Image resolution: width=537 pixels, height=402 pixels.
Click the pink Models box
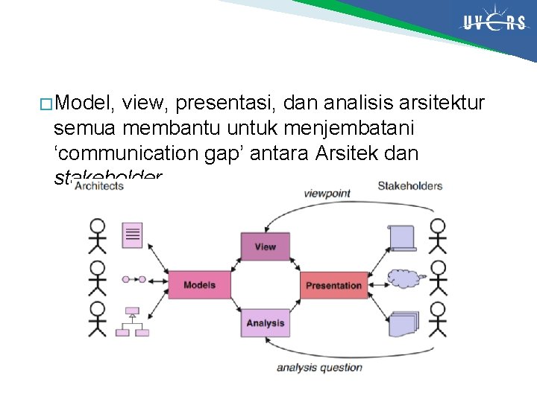tap(198, 285)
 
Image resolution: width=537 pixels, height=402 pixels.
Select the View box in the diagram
tap(264, 246)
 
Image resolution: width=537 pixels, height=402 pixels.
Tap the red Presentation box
tap(333, 285)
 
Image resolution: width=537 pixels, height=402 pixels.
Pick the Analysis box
tap(264, 323)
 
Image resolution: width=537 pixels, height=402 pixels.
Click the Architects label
tap(98, 186)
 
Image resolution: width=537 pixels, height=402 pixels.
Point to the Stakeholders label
tap(409, 185)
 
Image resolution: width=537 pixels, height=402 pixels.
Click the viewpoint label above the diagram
tap(327, 194)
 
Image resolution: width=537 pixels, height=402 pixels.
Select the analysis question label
tap(319, 367)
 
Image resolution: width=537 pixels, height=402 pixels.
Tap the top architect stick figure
tap(97, 235)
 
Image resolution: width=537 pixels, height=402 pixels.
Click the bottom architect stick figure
tap(97, 319)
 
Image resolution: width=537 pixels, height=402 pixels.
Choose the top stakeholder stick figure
tap(438, 235)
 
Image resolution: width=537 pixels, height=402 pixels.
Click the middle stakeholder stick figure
tap(438, 277)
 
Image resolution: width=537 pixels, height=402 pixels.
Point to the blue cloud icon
tap(405, 279)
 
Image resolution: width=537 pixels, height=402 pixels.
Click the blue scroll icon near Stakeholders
tap(403, 237)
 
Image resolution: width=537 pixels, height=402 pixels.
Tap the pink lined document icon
tap(133, 235)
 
